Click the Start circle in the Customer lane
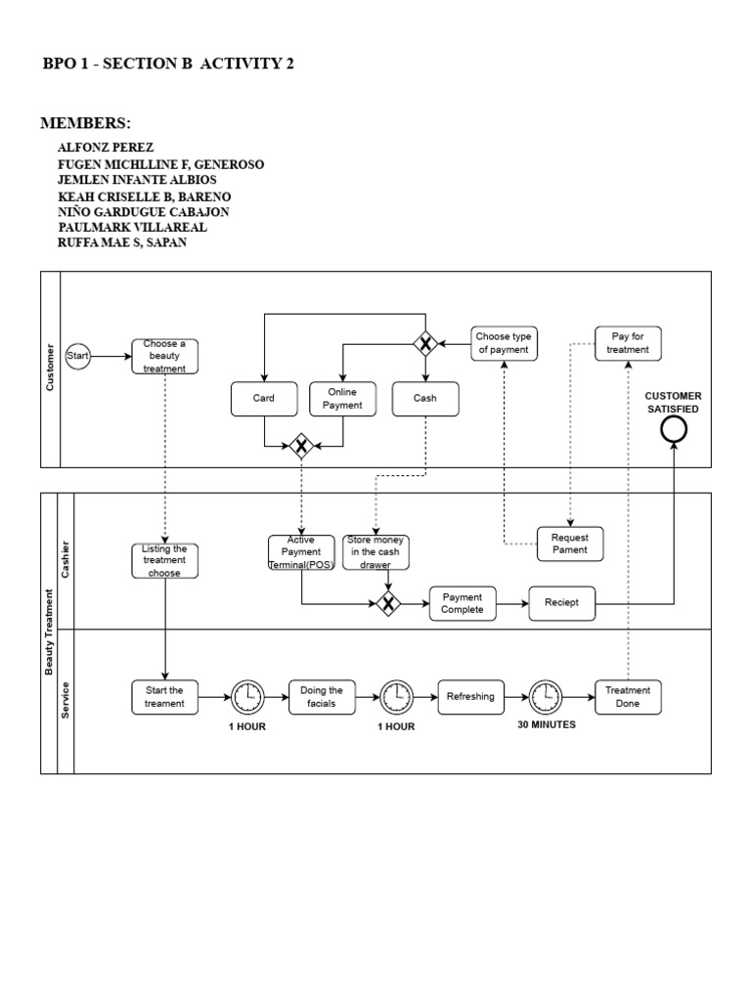[77, 357]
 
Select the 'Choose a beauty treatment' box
[165, 357]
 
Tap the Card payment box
[263, 399]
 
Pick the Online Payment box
[343, 399]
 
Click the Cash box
[425, 399]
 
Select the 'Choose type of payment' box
[504, 343]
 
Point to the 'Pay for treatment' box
[628, 343]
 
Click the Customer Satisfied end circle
[673, 429]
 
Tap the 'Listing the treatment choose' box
[164, 561]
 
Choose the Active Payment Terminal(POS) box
[301, 552]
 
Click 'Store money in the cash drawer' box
[376, 552]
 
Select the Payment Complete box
[463, 603]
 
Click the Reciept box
[561, 603]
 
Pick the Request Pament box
[570, 544]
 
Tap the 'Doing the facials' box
[322, 697]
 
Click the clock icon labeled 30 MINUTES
[546, 696]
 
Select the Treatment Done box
[628, 696]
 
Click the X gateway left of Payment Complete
[389, 603]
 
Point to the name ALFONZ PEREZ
[106, 148]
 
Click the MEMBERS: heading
[85, 123]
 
